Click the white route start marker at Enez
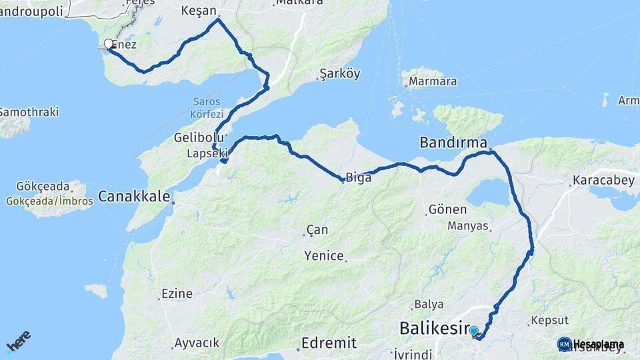tap(109, 45)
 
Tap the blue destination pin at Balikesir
tap(474, 331)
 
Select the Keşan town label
tap(199, 11)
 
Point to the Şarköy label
tap(339, 73)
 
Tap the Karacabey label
tap(597, 181)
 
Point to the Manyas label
tap(468, 226)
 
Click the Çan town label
tap(317, 230)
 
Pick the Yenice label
tap(324, 255)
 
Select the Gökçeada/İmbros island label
tap(46, 201)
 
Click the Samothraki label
tap(29, 112)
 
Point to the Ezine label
tap(176, 293)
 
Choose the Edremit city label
tap(329, 343)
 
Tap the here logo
tap(18, 342)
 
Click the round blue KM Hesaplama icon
tap(564, 344)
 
